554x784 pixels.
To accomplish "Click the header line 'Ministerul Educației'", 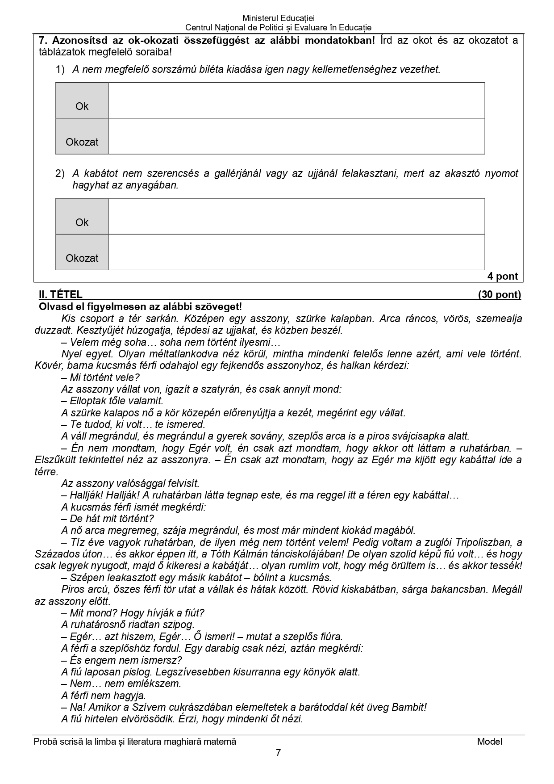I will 278,18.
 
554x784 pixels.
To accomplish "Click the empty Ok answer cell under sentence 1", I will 296,101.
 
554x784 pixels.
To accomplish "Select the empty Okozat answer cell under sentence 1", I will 296,136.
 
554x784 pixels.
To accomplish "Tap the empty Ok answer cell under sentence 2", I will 296,217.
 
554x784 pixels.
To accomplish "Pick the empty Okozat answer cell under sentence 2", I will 296,252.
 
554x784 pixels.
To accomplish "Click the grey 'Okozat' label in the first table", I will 82,142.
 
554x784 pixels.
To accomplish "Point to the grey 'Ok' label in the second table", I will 82,222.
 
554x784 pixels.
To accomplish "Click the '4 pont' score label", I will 502,277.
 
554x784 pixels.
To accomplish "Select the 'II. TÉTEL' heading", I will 61,294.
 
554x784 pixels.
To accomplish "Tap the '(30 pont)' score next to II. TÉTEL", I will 499,294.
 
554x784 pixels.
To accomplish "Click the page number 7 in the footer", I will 279,753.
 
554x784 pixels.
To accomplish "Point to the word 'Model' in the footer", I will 489,742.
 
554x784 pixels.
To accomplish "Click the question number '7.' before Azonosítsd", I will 44,41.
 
